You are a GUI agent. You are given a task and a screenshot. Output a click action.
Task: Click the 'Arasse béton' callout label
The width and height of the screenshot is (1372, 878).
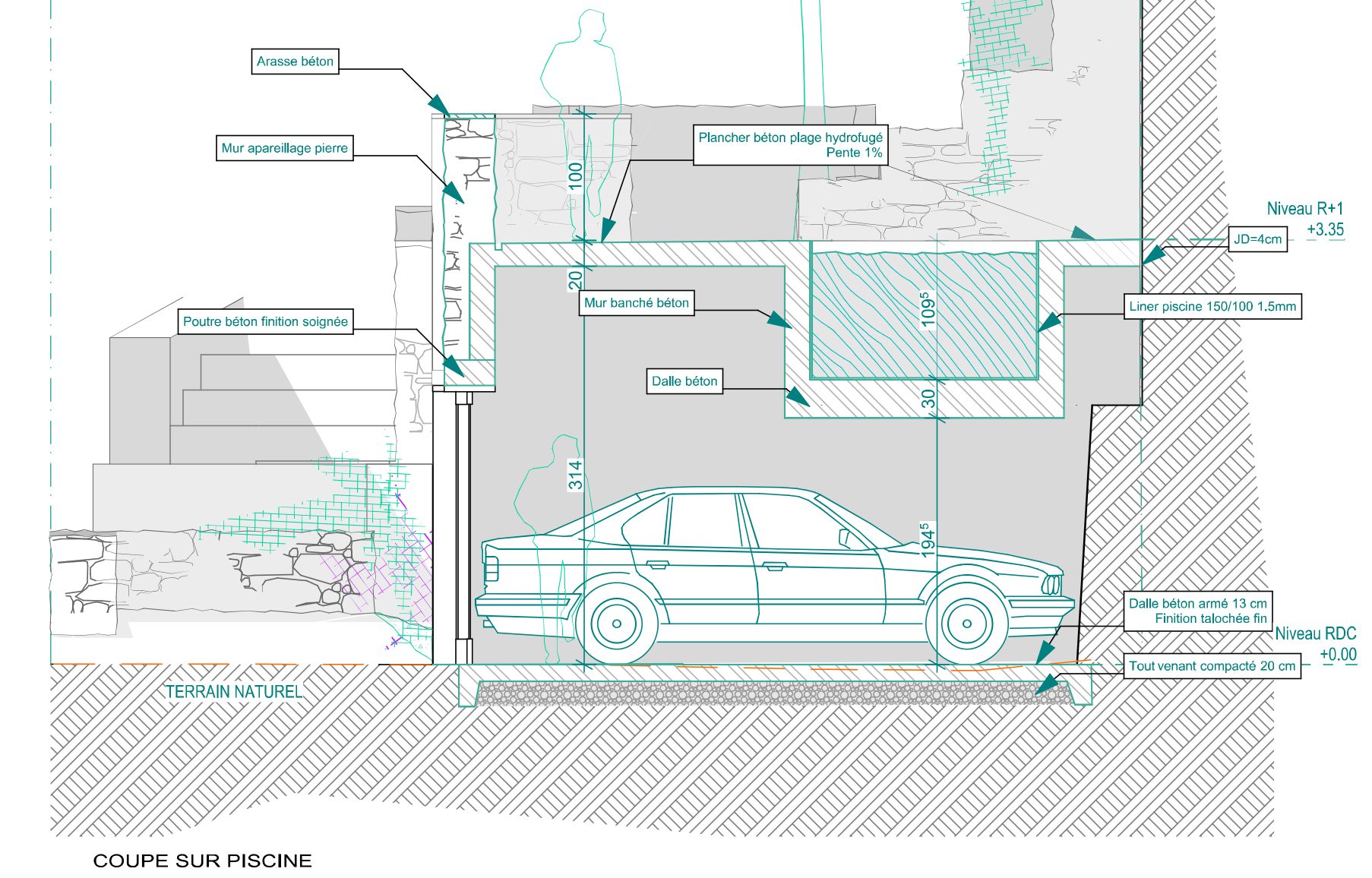coord(295,62)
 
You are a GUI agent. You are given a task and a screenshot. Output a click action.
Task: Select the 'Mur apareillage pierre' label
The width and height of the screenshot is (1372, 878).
coord(284,148)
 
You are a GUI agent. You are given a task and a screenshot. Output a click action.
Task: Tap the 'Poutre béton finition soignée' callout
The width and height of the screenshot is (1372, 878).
coord(265,321)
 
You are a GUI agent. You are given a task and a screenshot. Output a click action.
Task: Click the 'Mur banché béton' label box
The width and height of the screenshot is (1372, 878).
coord(636,302)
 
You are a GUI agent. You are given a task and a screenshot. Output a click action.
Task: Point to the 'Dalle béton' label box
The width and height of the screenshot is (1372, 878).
coord(684,381)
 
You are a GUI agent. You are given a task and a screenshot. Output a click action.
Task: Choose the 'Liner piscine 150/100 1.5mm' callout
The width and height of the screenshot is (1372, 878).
coord(1212,306)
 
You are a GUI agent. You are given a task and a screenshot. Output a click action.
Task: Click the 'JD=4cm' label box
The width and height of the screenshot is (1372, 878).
coord(1257,239)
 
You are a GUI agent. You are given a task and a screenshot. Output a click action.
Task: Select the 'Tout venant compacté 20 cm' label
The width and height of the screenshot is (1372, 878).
coord(1212,666)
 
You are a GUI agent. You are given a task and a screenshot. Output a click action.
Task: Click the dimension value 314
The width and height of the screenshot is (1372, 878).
coord(576,475)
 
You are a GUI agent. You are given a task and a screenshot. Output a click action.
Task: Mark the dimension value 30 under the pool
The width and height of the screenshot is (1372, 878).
coord(928,399)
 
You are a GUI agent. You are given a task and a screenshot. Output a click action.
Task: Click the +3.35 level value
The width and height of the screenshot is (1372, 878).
coord(1325,229)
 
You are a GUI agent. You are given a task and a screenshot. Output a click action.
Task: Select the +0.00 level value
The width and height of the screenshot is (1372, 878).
coord(1338,654)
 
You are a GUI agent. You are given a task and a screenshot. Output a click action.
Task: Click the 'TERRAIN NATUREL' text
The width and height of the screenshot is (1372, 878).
coord(234,691)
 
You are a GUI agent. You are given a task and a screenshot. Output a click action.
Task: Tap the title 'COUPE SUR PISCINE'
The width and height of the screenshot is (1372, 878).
coord(202,861)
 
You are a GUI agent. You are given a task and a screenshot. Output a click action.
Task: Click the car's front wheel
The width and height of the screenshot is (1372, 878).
coord(966,624)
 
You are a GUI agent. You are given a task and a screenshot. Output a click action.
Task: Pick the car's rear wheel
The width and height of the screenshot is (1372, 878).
coord(616,624)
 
